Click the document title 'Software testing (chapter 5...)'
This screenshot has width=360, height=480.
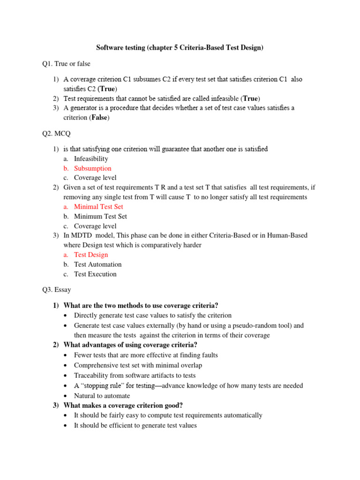pyautogui.click(x=180, y=47)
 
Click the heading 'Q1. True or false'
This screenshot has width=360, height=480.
pyautogui.click(x=66, y=63)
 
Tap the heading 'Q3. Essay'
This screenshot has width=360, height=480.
pyautogui.click(x=57, y=290)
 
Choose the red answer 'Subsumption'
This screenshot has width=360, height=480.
pyautogui.click(x=92, y=168)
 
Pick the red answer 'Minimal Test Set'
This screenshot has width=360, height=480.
pyautogui.click(x=98, y=207)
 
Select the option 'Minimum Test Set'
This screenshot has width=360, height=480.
pyautogui.click(x=100, y=217)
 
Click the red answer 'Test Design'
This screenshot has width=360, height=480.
pyautogui.click(x=91, y=255)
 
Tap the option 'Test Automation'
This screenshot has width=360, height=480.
pyautogui.click(x=97, y=264)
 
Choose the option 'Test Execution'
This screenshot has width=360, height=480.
pyautogui.click(x=95, y=274)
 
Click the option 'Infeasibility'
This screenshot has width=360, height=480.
pyautogui.click(x=91, y=159)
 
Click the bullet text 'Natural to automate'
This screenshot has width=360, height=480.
pyautogui.click(x=102, y=396)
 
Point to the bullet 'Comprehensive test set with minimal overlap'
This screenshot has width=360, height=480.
pyautogui.click(x=138, y=365)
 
